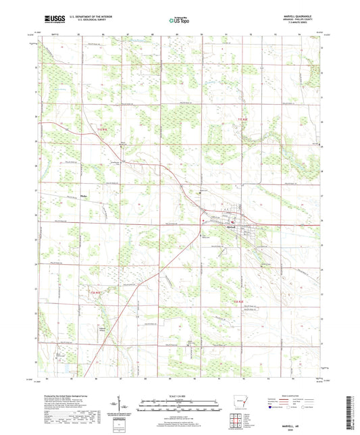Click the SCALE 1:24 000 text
coord(179,396)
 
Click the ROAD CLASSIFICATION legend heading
coord(302,396)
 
